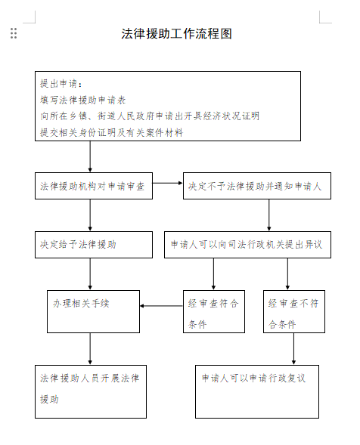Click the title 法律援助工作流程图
click(x=176, y=34)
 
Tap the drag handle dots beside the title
click(x=14, y=33)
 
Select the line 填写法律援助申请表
click(x=82, y=100)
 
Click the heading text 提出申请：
click(x=61, y=83)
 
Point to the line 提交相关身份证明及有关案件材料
click(x=111, y=132)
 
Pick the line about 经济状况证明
click(x=150, y=116)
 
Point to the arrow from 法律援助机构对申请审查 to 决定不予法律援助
click(x=168, y=183)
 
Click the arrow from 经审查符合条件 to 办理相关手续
click(x=161, y=306)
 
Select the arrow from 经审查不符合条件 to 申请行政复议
click(x=293, y=349)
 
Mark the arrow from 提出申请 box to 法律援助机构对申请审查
click(x=90, y=156)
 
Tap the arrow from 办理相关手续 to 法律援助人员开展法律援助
click(x=90, y=349)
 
